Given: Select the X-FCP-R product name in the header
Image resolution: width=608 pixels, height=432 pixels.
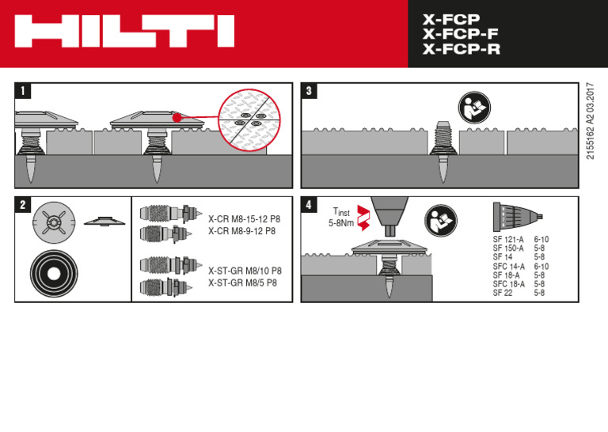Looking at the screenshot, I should tap(461, 50).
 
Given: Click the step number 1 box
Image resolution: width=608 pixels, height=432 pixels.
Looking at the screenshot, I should tap(23, 91).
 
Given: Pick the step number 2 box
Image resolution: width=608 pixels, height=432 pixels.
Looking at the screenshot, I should tap(23, 205).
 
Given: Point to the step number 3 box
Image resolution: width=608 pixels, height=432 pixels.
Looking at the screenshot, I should tap(310, 91).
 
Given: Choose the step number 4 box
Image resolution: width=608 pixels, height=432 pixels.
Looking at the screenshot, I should tap(310, 205).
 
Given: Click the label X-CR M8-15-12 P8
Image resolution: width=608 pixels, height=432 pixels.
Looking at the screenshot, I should tap(244, 219).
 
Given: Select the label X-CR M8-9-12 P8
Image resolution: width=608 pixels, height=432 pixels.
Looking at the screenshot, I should tap(241, 231).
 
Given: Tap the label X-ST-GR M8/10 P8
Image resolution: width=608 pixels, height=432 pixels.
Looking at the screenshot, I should tap(245, 271).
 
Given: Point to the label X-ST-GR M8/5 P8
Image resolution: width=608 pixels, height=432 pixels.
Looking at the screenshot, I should tap(242, 282).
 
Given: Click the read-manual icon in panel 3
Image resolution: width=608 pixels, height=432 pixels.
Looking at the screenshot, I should tap(474, 108).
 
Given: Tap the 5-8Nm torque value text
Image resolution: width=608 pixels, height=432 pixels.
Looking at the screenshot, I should tap(341, 224).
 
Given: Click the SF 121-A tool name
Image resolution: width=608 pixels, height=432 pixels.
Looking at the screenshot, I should tap(508, 239).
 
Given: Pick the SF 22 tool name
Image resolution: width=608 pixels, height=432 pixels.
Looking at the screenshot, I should tap(503, 293).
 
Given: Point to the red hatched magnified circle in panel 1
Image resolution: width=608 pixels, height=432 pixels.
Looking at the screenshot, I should tap(249, 119).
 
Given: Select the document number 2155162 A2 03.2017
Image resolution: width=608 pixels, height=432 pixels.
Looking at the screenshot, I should tap(591, 120).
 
